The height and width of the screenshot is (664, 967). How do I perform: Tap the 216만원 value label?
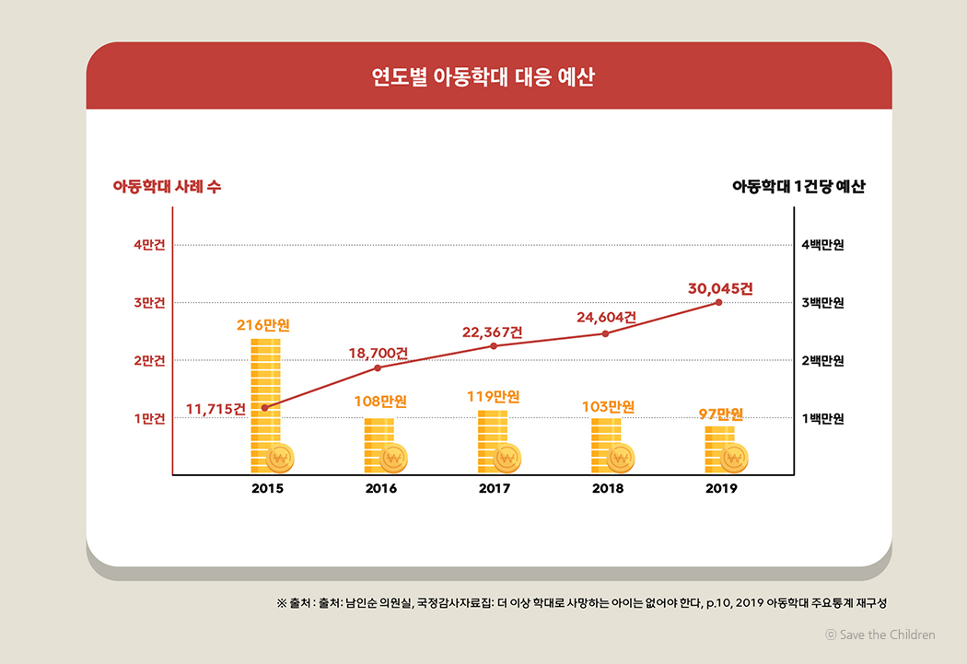click(264, 325)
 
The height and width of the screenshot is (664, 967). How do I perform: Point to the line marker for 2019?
click(718, 302)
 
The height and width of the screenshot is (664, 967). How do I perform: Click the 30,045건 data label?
click(720, 288)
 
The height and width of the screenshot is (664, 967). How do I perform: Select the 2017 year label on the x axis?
click(494, 488)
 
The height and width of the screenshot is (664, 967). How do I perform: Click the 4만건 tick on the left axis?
click(149, 245)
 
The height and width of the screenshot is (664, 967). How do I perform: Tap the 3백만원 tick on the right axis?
click(822, 303)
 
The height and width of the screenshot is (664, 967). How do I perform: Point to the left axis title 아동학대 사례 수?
click(167, 186)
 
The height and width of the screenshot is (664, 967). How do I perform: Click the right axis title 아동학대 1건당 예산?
click(798, 186)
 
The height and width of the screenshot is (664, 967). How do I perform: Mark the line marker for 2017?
click(494, 346)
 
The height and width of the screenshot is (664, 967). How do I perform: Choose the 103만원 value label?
click(608, 406)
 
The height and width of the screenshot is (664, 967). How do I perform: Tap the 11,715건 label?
click(216, 409)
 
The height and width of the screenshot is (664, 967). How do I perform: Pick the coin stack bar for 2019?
click(720, 448)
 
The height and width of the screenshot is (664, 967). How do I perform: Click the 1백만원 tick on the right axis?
click(822, 419)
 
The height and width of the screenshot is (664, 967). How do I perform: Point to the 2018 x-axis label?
click(608, 488)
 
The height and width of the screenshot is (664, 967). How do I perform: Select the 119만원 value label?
click(494, 398)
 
